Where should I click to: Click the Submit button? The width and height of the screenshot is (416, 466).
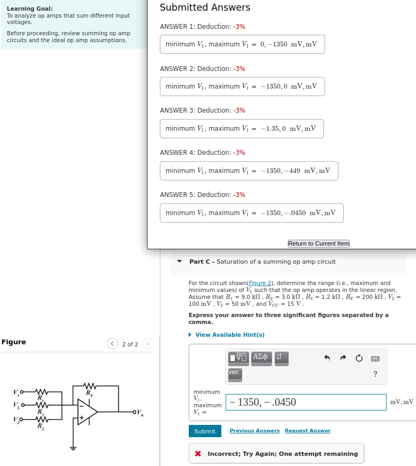pos(204,431)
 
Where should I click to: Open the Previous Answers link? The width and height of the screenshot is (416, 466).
pos(255,431)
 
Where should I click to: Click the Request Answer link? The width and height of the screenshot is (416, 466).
pos(307,431)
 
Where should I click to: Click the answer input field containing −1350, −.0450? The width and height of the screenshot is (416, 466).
pos(306,402)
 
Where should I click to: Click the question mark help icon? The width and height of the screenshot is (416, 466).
pos(375,374)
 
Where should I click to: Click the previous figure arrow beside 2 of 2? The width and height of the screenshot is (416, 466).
pos(113,344)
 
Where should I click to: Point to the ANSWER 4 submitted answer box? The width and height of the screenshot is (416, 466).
pos(249,171)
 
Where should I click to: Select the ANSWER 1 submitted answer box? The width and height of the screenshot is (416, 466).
pos(242,44)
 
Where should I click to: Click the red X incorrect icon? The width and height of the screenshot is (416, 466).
pos(198,454)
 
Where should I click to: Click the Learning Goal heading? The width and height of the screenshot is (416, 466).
pos(29,9)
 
